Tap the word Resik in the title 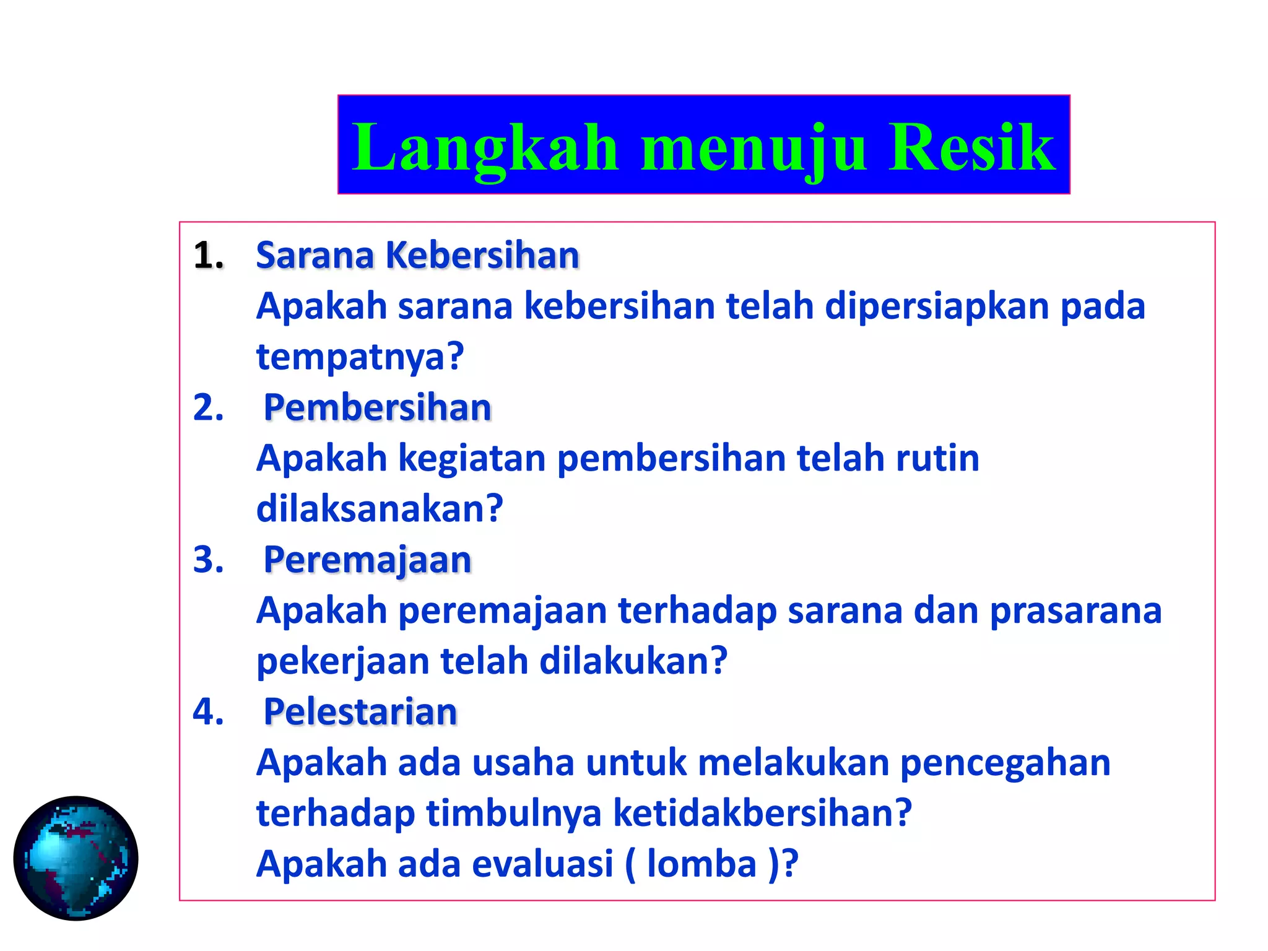coord(971,147)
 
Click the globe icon coord(76,858)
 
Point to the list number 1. coord(208,255)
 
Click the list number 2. coord(208,408)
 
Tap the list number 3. coord(208,560)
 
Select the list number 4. coord(208,711)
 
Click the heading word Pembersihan coord(377,408)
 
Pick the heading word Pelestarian coord(360,712)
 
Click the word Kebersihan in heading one coord(482,255)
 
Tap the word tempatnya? coord(360,358)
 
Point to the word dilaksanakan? coord(380,509)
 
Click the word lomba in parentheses coord(701,864)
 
